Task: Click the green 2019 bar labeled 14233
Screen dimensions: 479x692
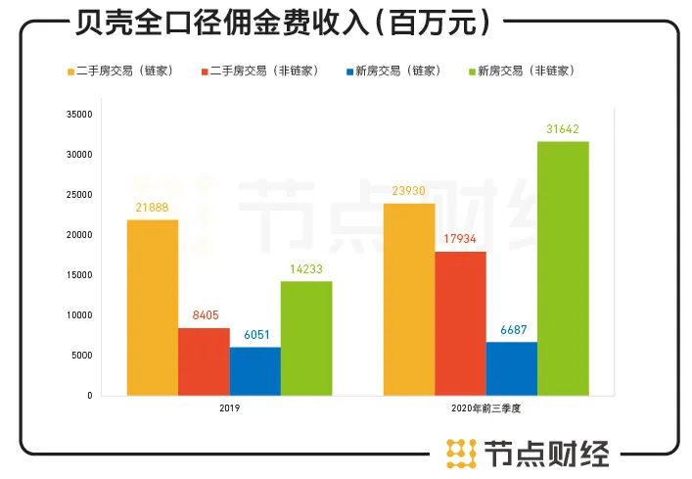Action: pos(305,338)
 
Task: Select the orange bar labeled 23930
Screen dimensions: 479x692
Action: pos(409,299)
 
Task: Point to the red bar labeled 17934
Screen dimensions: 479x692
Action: pos(460,323)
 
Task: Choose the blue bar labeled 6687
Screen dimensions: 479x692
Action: pos(511,368)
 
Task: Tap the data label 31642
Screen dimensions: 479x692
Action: pos(562,129)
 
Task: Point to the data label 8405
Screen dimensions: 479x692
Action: pos(204,314)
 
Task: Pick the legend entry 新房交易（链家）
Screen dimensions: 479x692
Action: pos(395,72)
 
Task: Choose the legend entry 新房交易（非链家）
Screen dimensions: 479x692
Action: pos(526,72)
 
